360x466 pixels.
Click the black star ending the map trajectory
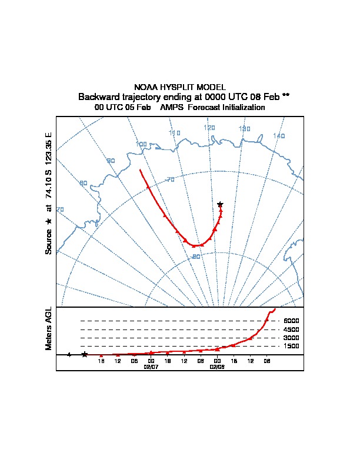(220, 204)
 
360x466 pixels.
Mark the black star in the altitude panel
(84, 354)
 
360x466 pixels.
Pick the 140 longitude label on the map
(279, 136)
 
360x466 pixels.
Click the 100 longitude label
(141, 144)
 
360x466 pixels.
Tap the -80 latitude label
(196, 257)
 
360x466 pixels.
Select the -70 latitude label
(170, 179)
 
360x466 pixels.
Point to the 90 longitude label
(111, 161)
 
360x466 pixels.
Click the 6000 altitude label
(292, 321)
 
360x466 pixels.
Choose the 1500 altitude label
(292, 347)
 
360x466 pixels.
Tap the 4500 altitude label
(292, 329)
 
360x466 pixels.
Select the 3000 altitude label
(292, 338)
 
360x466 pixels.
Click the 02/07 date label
(151, 367)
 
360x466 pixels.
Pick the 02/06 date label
(218, 367)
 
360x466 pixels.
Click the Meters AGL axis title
(49, 328)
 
